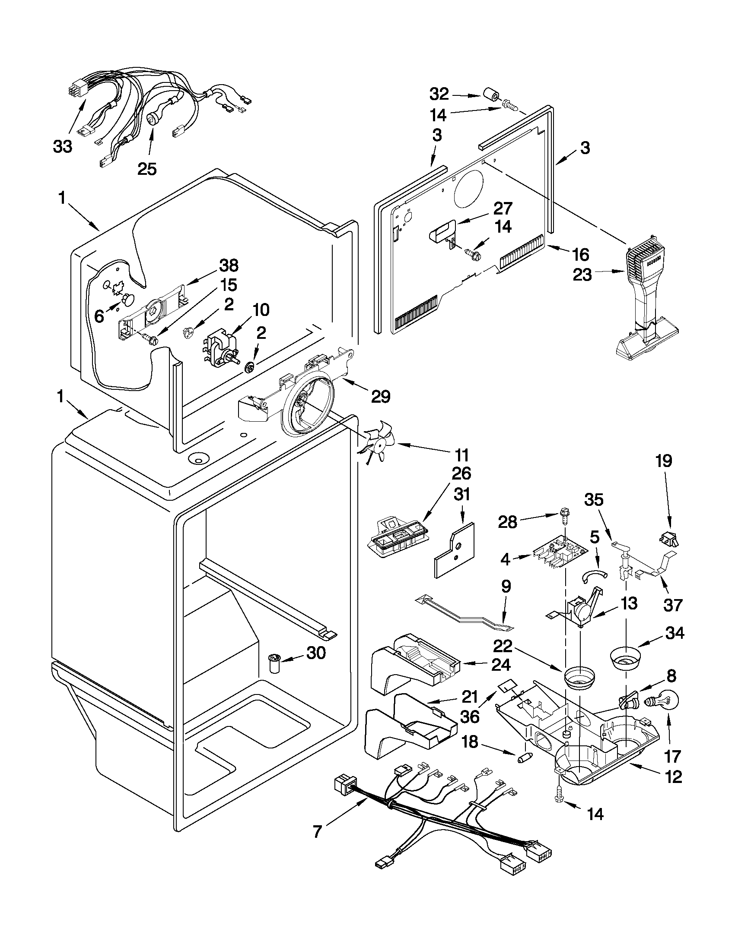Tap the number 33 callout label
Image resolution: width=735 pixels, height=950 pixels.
coord(63,147)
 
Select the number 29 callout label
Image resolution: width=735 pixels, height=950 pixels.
coord(380,396)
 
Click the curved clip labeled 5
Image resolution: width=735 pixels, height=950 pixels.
coord(595,575)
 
